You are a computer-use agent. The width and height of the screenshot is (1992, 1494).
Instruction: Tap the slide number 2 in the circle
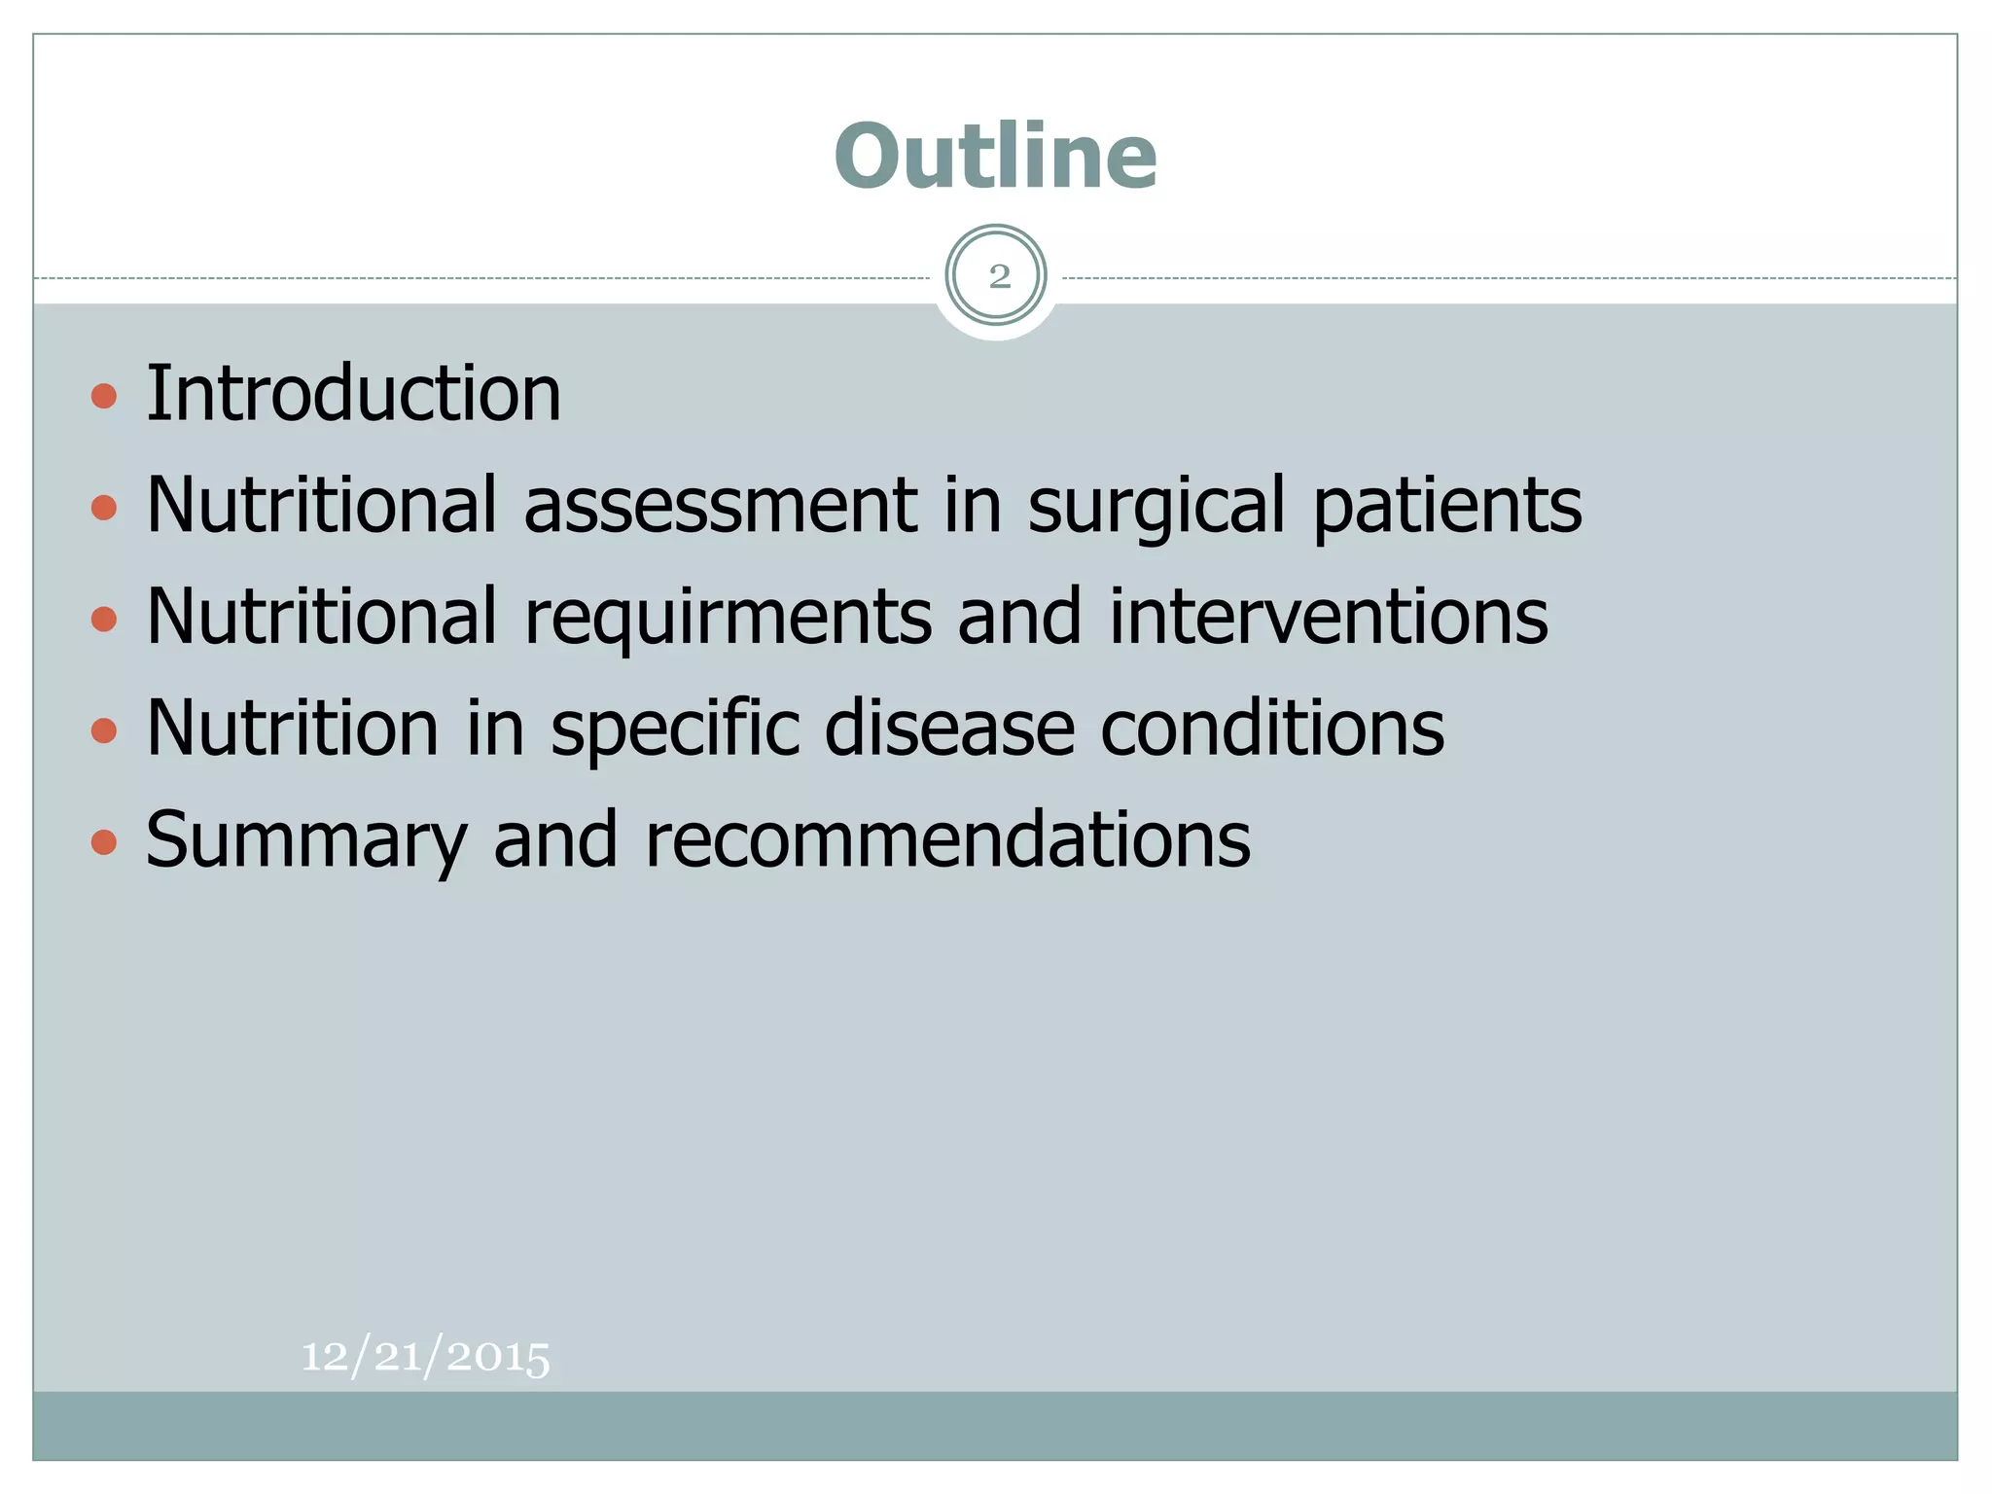pyautogui.click(x=998, y=277)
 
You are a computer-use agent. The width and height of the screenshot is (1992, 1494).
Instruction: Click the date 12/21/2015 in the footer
pyautogui.click(x=425, y=1356)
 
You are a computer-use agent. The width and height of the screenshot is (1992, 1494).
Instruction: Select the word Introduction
pyautogui.click(x=353, y=394)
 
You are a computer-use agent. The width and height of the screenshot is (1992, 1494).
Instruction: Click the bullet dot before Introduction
pyautogui.click(x=104, y=396)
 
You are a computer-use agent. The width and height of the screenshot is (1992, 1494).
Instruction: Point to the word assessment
pyautogui.click(x=720, y=506)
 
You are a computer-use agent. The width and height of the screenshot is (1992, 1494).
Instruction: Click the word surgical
pyautogui.click(x=1157, y=506)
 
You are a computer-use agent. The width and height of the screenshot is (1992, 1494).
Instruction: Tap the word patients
pyautogui.click(x=1447, y=506)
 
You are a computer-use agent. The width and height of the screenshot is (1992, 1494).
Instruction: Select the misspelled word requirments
pyautogui.click(x=728, y=618)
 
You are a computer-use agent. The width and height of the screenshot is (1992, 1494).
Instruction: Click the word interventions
pyautogui.click(x=1328, y=618)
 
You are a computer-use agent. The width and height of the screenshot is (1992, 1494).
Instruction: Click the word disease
pyautogui.click(x=949, y=729)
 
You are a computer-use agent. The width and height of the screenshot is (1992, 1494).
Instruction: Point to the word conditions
pyautogui.click(x=1272, y=729)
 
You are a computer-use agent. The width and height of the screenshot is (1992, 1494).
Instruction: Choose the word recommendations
pyautogui.click(x=947, y=840)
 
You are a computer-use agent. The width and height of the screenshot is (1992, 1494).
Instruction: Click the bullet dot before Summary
pyautogui.click(x=104, y=842)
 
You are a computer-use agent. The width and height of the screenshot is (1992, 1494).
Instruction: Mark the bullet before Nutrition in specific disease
pyautogui.click(x=104, y=730)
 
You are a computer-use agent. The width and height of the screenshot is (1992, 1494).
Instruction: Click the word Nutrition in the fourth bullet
pyautogui.click(x=293, y=729)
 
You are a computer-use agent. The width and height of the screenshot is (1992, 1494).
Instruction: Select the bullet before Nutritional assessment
pyautogui.click(x=104, y=507)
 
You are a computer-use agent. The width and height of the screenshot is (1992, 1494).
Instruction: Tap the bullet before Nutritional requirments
pyautogui.click(x=104, y=619)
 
